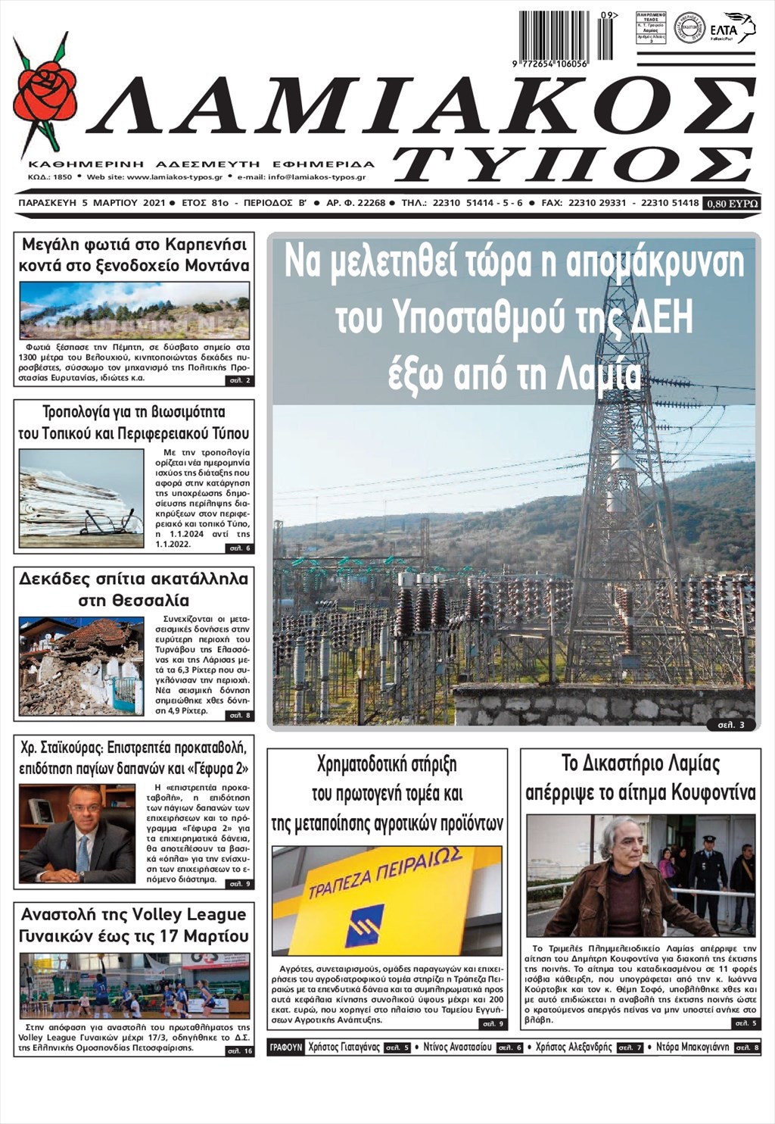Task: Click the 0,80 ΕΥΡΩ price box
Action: coord(731,204)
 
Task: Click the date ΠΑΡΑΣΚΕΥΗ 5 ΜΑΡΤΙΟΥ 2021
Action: coord(91,204)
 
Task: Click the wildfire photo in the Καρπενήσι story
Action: coord(134,310)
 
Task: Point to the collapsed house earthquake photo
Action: coord(81,667)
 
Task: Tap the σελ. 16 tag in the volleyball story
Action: coord(240,1051)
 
